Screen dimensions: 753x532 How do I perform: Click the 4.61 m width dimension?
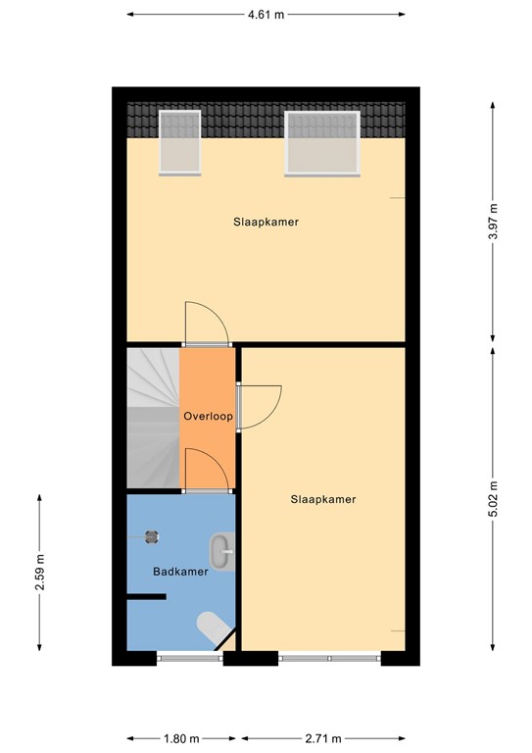click(x=266, y=15)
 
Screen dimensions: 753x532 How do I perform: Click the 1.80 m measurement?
click(x=181, y=738)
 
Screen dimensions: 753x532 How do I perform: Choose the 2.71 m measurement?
click(x=322, y=738)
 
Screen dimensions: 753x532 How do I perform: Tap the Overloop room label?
click(x=208, y=417)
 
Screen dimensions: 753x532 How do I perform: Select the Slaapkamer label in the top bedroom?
click(x=266, y=223)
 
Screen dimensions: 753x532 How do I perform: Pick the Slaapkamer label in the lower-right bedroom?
click(x=322, y=499)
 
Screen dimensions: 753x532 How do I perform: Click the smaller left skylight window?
click(x=179, y=141)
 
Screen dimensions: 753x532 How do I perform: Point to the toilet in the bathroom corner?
click(x=212, y=627)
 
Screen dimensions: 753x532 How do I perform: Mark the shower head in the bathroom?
click(x=152, y=535)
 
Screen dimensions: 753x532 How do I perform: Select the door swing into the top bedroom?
click(x=205, y=322)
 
